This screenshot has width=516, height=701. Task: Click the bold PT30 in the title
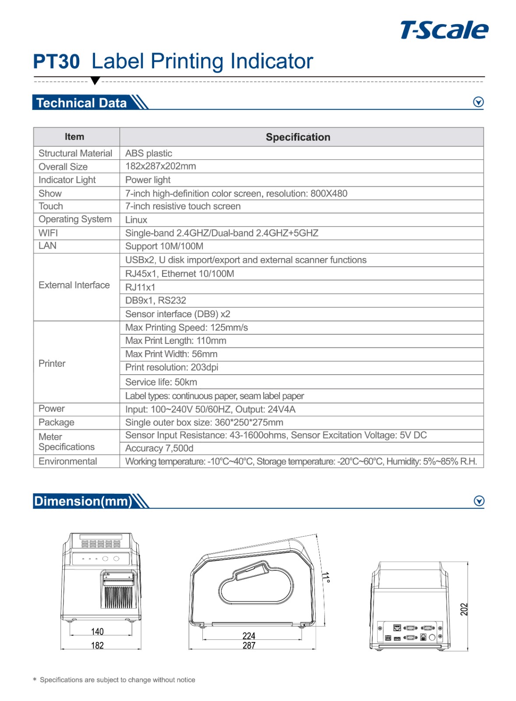click(57, 62)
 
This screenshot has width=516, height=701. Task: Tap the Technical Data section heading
click(81, 103)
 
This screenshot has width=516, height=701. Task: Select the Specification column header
click(298, 137)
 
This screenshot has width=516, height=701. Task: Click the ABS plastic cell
click(148, 153)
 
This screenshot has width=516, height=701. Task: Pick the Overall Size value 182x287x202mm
click(160, 166)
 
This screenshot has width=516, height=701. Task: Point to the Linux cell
click(136, 220)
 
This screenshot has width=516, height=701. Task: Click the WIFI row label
click(48, 233)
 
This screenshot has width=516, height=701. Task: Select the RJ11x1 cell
click(140, 287)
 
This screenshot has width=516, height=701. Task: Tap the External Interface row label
click(74, 285)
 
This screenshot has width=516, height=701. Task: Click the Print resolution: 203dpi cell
click(172, 368)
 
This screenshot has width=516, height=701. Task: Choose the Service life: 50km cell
click(161, 382)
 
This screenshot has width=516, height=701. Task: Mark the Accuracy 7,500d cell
click(159, 448)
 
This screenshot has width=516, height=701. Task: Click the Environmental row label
click(68, 461)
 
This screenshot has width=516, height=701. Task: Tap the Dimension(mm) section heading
click(83, 501)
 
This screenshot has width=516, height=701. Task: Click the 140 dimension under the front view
click(97, 631)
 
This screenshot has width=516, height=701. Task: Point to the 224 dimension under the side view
click(249, 636)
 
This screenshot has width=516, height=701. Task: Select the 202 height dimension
click(464, 609)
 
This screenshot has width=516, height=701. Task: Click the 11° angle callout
click(325, 577)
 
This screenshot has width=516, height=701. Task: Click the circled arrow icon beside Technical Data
click(478, 102)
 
